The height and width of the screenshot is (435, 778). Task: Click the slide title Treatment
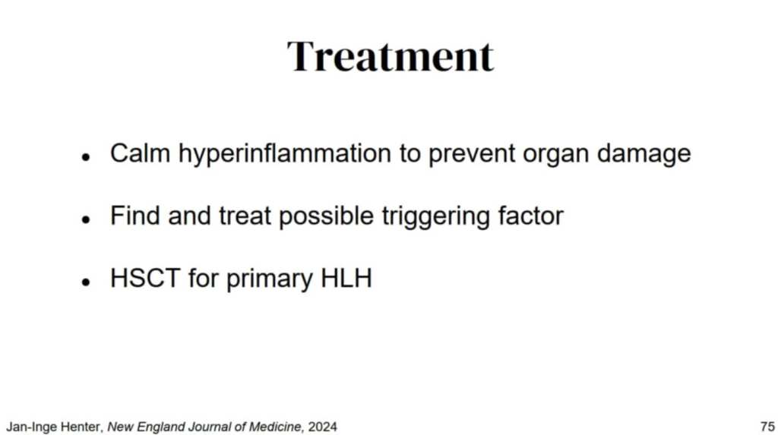coord(391,56)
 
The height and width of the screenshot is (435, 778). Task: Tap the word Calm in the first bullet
coord(140,153)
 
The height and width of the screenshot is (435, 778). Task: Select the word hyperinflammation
coord(285,155)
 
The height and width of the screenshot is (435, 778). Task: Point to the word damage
coord(644,155)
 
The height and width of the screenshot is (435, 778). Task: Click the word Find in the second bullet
coord(135,216)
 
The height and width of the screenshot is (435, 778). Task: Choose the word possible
coord(326,218)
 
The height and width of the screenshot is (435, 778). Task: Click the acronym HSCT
coord(145,279)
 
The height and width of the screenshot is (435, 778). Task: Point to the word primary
coord(270,280)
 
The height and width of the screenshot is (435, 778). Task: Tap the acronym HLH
coord(346,279)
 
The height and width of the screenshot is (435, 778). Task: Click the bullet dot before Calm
coord(87,157)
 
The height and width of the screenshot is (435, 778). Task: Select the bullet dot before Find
coord(87,219)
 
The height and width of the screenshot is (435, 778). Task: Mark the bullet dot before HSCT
coord(87,282)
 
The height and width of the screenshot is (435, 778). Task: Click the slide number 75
coord(767,427)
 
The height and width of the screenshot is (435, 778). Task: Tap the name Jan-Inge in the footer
coord(29,427)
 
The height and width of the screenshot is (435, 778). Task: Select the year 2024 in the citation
coord(322,427)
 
